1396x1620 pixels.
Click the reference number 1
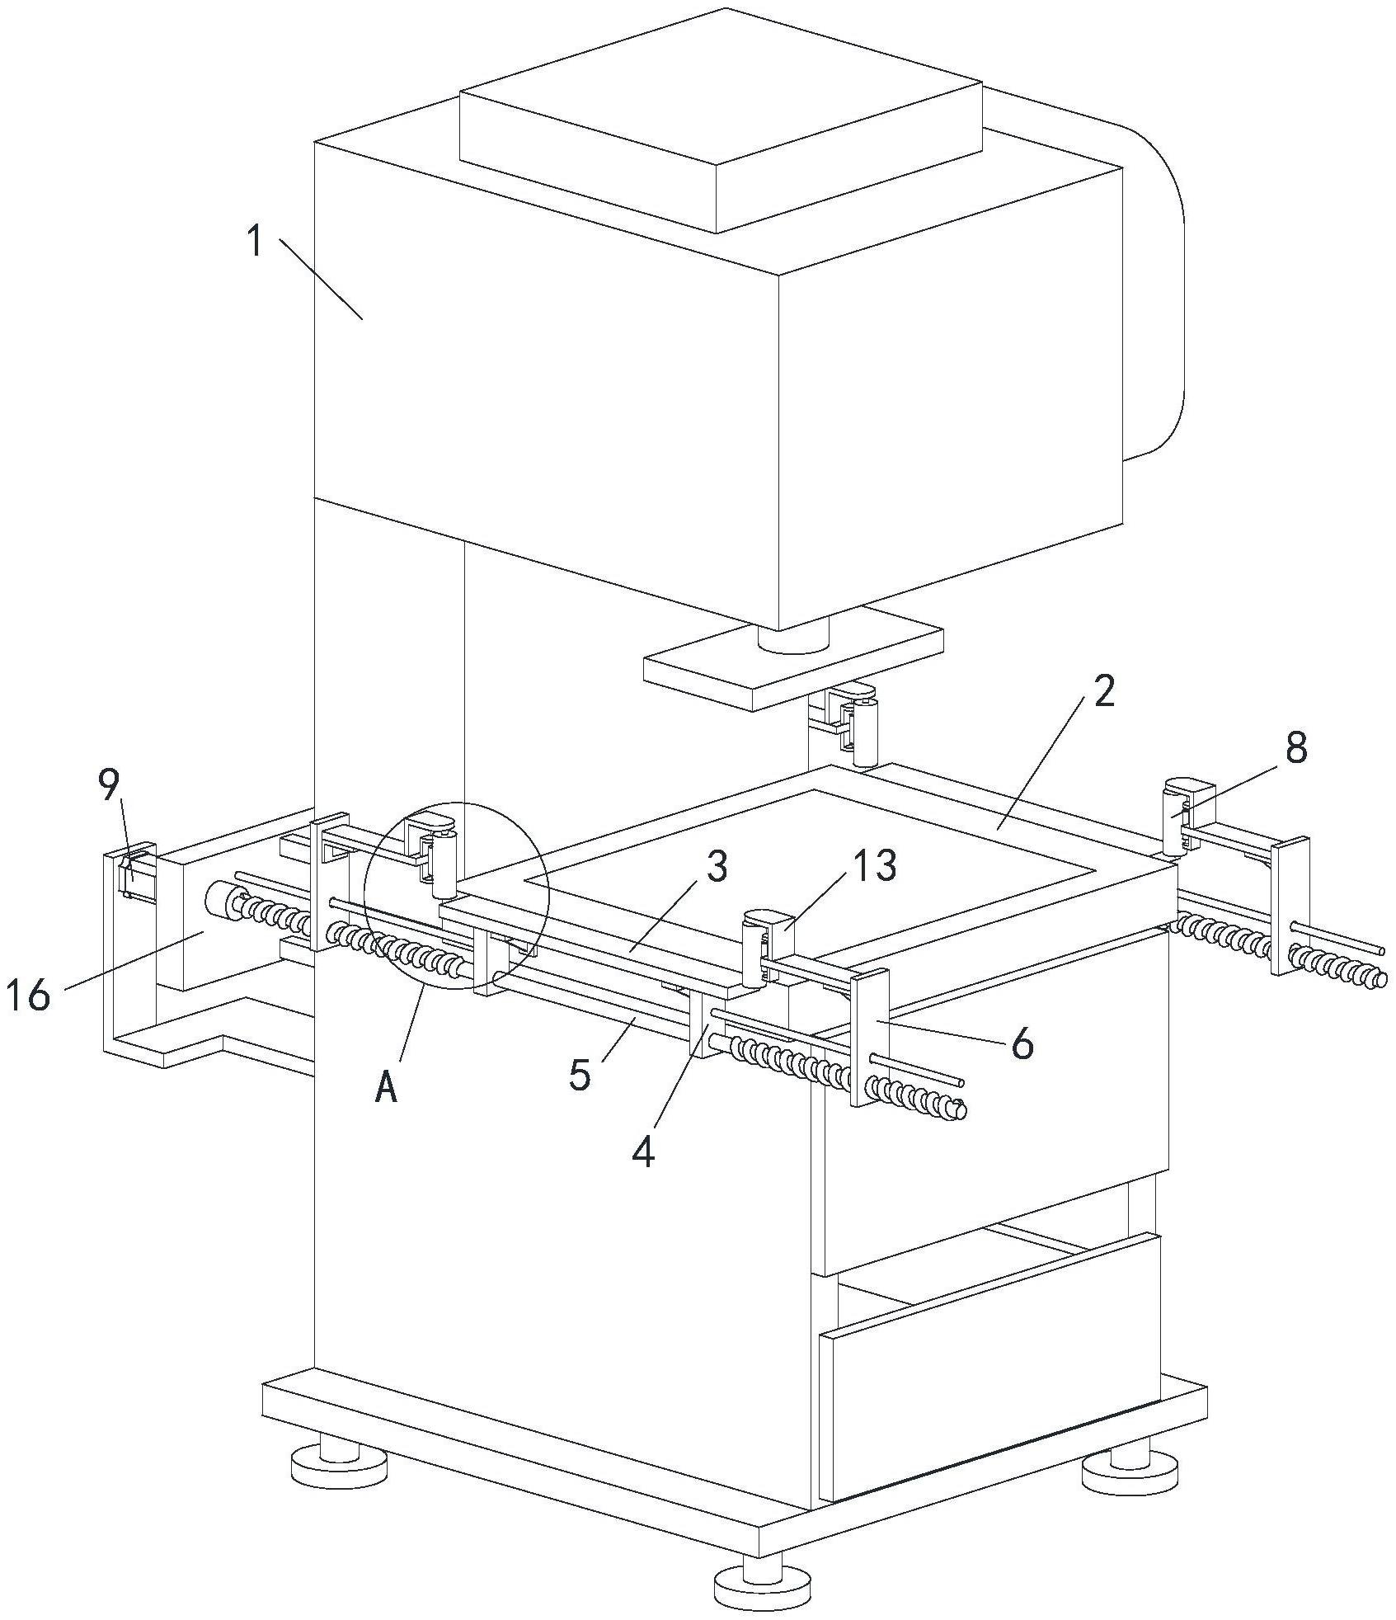[x=256, y=243]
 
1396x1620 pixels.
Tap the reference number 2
[x=1105, y=691]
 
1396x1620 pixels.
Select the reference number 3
[x=717, y=868]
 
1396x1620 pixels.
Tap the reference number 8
[x=1296, y=749]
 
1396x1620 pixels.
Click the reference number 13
[x=875, y=865]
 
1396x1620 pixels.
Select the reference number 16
[x=28, y=996]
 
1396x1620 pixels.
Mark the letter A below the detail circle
[x=387, y=1089]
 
